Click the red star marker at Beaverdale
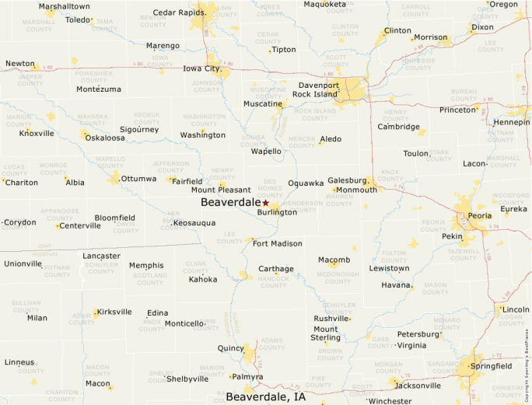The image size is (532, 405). pyautogui.click(x=265, y=202)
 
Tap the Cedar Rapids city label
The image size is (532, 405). pyautogui.click(x=179, y=12)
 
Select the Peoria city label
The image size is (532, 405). pyautogui.click(x=479, y=215)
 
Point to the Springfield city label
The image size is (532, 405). pyautogui.click(x=491, y=365)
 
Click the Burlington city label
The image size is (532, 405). pyautogui.click(x=277, y=212)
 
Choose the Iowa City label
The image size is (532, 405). pyautogui.click(x=201, y=68)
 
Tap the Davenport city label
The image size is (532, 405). pyautogui.click(x=319, y=85)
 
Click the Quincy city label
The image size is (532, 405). pyautogui.click(x=231, y=348)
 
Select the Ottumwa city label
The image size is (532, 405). pyautogui.click(x=138, y=179)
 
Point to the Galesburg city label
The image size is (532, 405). pyautogui.click(x=346, y=180)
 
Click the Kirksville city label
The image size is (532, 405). pyautogui.click(x=114, y=312)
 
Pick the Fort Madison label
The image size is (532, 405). pyautogui.click(x=277, y=243)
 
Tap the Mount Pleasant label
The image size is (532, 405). pyautogui.click(x=221, y=190)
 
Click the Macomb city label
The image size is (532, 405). pyautogui.click(x=334, y=260)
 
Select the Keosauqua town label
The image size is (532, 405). pyautogui.click(x=194, y=223)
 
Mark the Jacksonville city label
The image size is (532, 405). pyautogui.click(x=418, y=385)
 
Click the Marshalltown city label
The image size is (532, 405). pyautogui.click(x=65, y=6)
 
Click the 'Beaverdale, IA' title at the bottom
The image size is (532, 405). pyautogui.click(x=265, y=397)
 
